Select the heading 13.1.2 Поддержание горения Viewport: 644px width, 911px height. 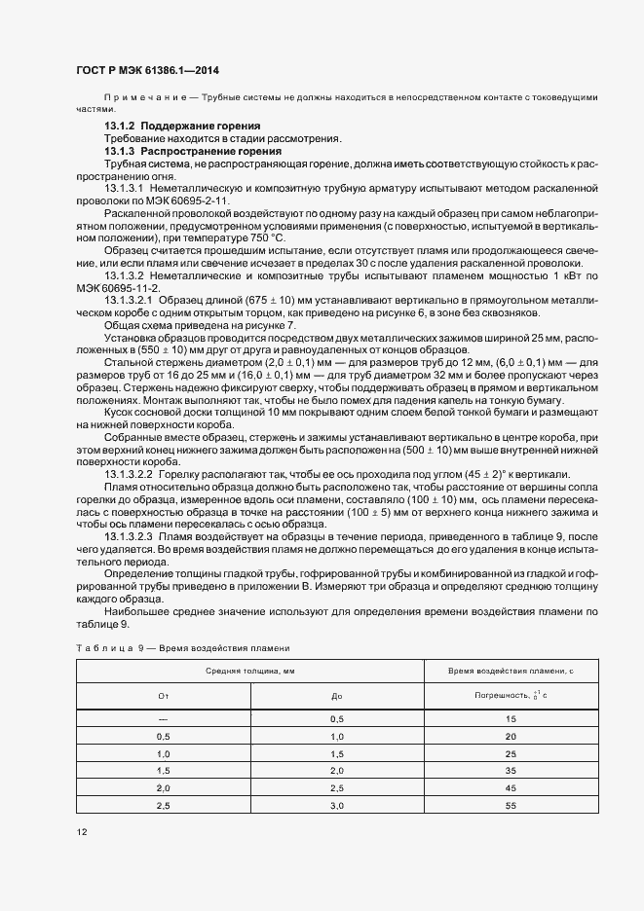pos(182,128)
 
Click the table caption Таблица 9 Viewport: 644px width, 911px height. pos(102,647)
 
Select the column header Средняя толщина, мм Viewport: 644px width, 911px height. pos(249,672)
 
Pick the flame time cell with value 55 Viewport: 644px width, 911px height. pos(511,807)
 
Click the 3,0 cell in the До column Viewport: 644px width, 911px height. pos(337,807)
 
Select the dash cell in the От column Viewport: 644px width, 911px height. pos(163,719)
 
